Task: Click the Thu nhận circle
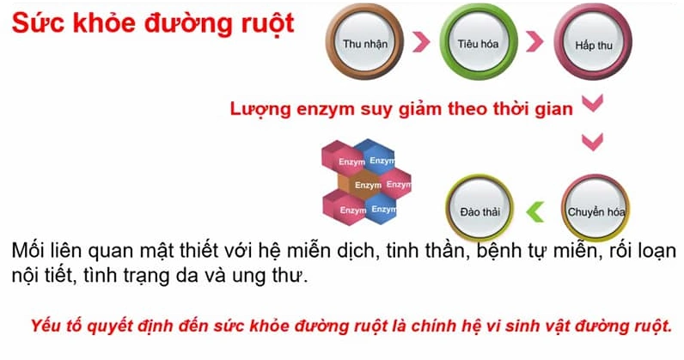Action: point(360,43)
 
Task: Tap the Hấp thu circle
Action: point(592,43)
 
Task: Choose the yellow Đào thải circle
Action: point(479,210)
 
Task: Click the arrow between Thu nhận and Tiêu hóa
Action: point(419,41)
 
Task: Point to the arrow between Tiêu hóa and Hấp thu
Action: point(534,41)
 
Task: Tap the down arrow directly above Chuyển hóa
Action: point(593,143)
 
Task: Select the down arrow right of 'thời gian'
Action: point(592,105)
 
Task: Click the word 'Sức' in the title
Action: point(33,23)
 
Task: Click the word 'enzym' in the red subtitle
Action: point(329,109)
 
